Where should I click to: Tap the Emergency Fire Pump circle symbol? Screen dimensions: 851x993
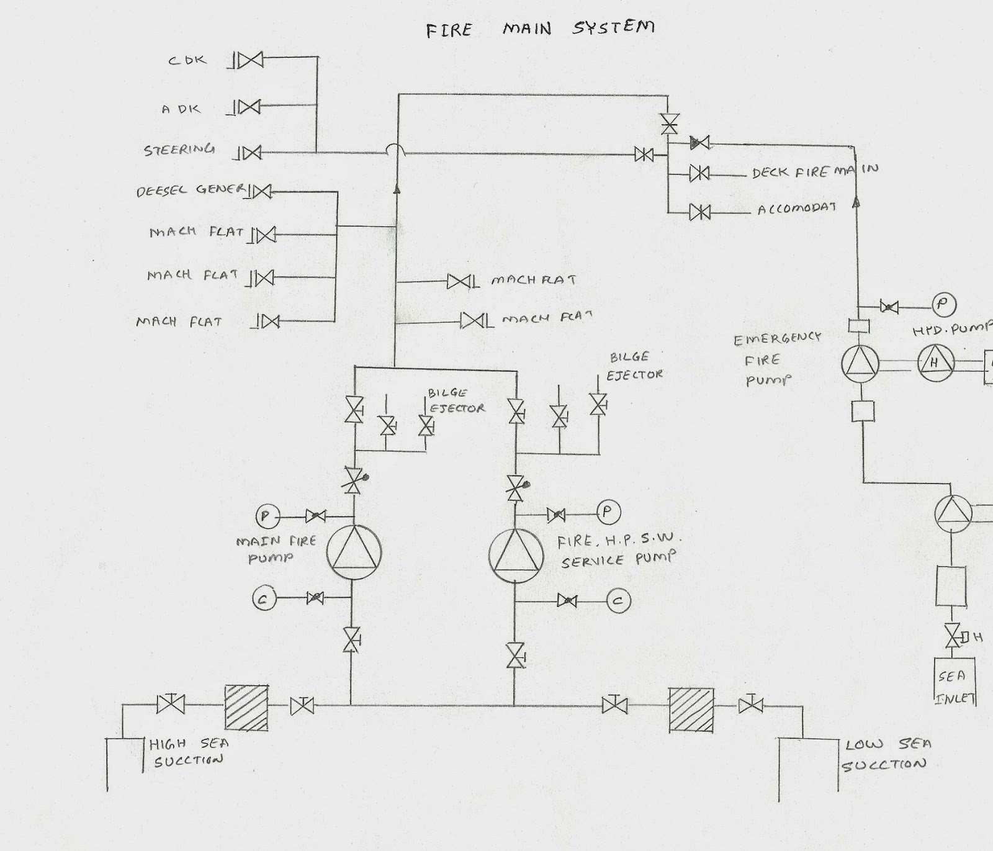tap(861, 364)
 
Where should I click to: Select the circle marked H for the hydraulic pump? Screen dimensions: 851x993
tap(935, 363)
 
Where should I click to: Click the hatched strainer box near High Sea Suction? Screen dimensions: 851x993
tap(246, 708)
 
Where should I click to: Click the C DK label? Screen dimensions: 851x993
tap(187, 61)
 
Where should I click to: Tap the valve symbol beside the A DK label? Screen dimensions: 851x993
tap(249, 107)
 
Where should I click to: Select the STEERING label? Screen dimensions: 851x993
tap(179, 150)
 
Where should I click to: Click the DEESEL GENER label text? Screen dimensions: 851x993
tap(191, 190)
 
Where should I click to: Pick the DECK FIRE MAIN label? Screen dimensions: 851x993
tap(815, 171)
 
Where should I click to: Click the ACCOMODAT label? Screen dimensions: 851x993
tap(796, 209)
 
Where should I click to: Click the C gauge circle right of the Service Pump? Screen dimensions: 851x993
tap(618, 600)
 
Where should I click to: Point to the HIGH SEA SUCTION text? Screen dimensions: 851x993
tap(189, 752)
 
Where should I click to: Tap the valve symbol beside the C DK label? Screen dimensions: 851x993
tap(251, 60)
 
